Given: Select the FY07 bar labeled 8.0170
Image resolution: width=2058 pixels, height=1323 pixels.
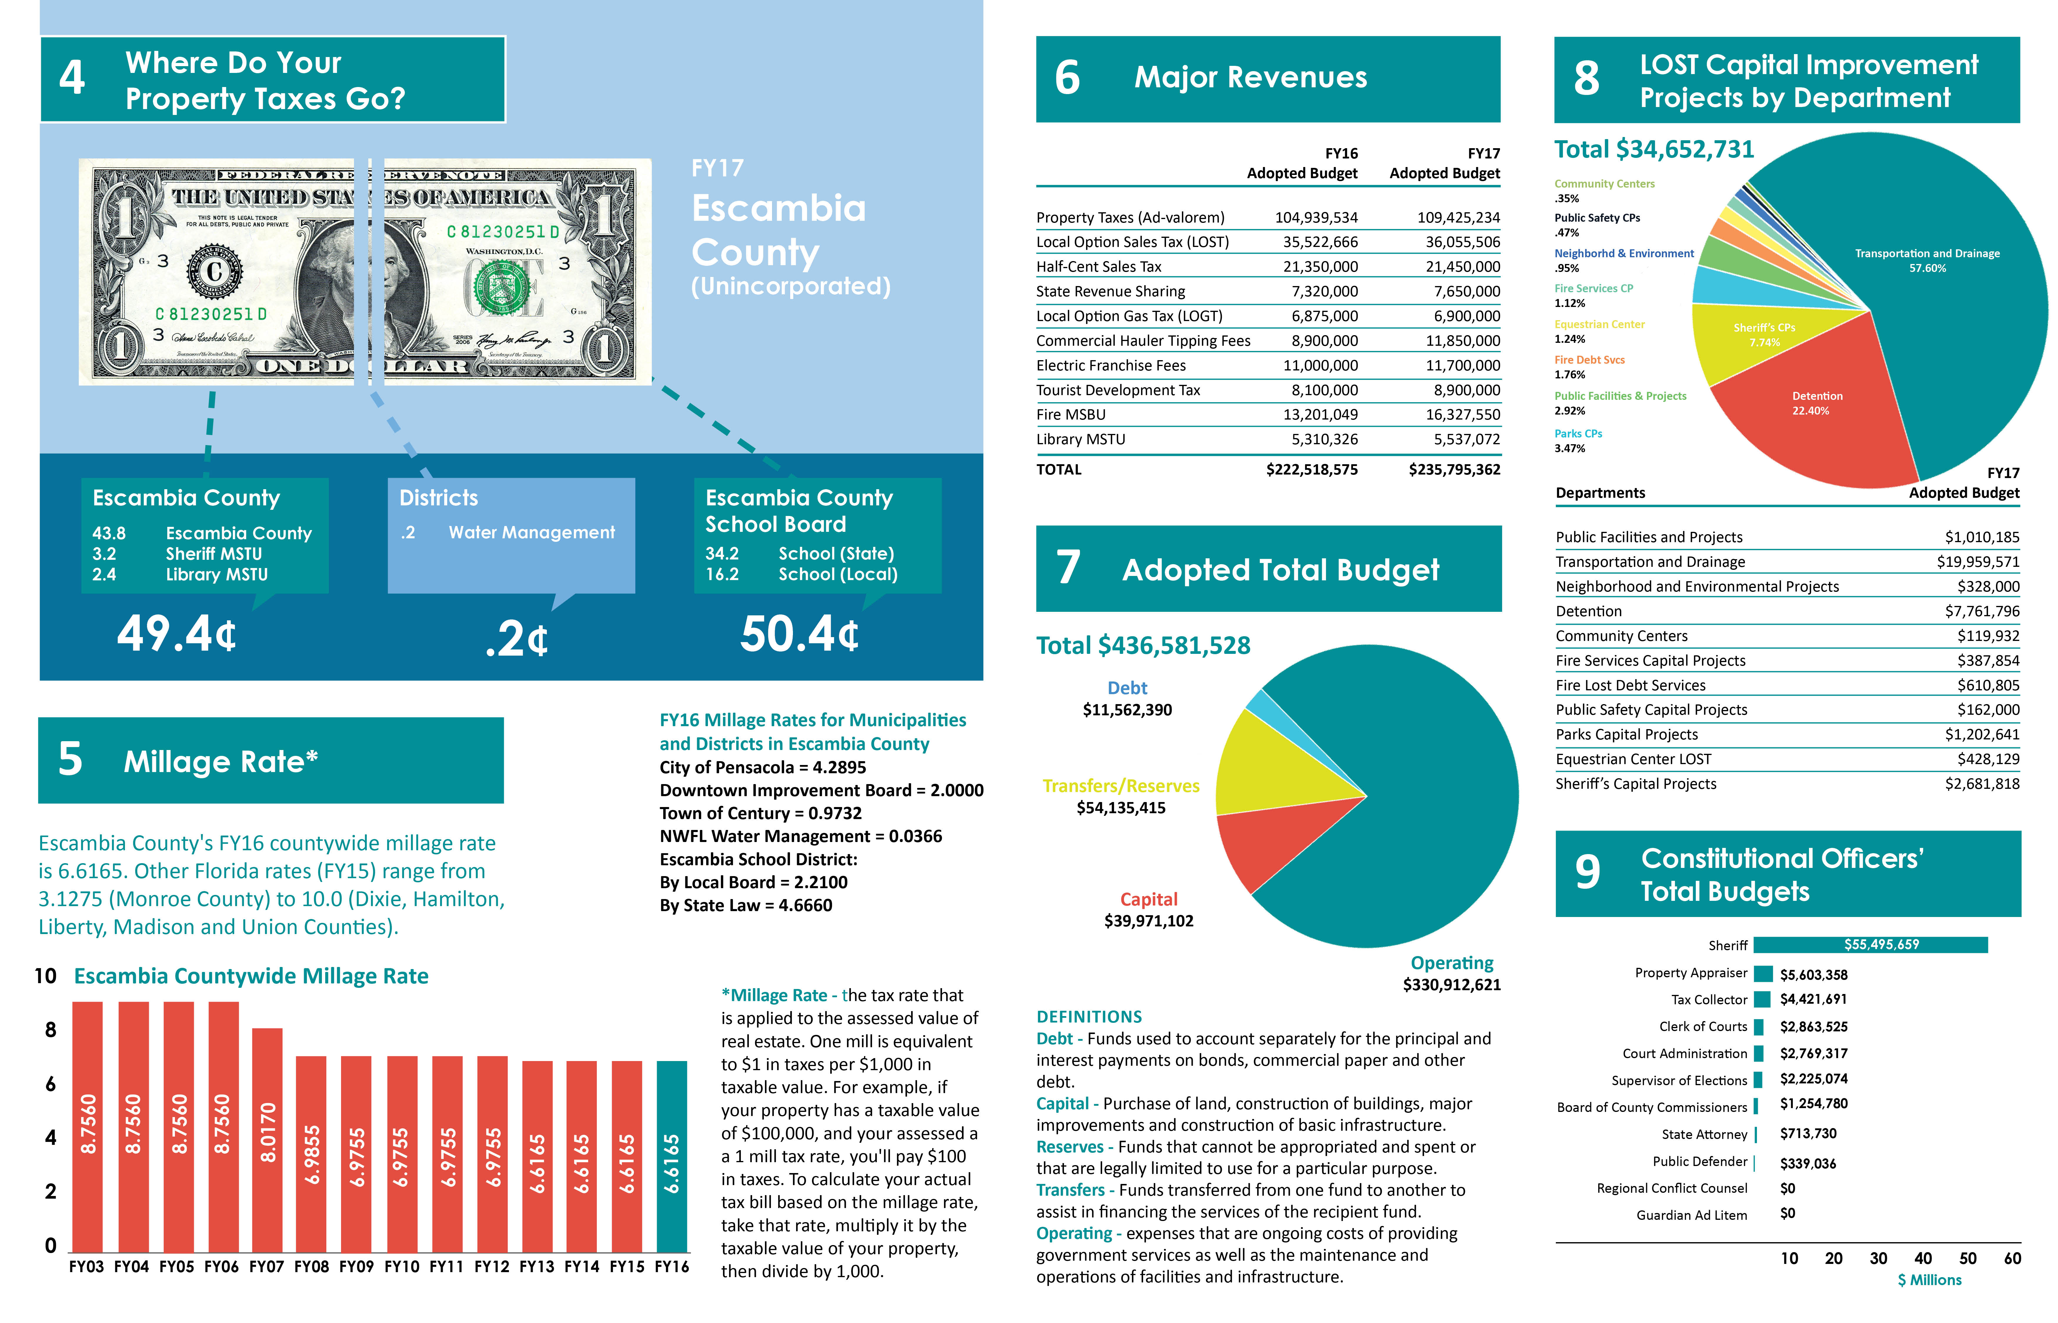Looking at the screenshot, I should pyautogui.click(x=267, y=1138).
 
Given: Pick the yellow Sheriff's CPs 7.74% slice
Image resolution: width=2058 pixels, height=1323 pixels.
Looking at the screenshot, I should pyautogui.click(x=1761, y=339).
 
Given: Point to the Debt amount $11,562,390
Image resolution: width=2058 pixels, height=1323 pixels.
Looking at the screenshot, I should pyautogui.click(x=1127, y=710).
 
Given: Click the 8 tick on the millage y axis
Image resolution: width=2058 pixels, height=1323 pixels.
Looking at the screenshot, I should pyautogui.click(x=51, y=1030).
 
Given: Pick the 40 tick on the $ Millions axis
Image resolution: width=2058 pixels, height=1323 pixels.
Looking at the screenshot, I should pyautogui.click(x=1923, y=1259).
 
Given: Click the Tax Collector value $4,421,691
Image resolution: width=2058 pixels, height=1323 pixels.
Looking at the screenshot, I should pyautogui.click(x=1813, y=999).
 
